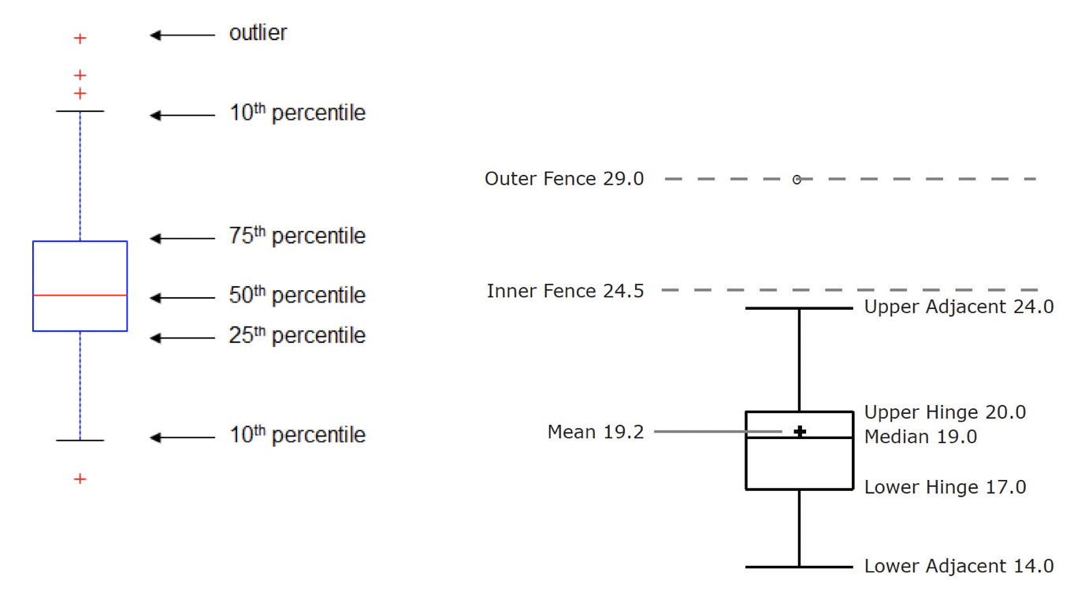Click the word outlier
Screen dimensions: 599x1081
(258, 34)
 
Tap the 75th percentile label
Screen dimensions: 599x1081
(297, 236)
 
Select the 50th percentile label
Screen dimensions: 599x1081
(297, 296)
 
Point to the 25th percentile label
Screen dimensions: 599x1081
(297, 336)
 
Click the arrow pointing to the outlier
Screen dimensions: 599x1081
(182, 35)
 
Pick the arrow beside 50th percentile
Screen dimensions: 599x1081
(182, 298)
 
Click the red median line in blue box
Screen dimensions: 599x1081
(80, 295)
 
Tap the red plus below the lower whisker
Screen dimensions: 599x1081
(80, 478)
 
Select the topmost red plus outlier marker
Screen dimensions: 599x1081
(80, 38)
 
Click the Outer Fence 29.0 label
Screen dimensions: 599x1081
(564, 179)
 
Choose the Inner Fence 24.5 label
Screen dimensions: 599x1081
(565, 292)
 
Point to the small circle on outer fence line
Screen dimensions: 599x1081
(797, 180)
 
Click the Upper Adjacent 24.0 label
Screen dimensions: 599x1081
(958, 307)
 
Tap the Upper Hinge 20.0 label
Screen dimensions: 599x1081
(945, 412)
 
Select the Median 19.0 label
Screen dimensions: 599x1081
(920, 437)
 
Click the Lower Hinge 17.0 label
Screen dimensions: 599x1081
(945, 487)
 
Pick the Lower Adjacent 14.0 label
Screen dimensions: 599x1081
(958, 566)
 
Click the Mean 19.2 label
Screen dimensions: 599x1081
(595, 432)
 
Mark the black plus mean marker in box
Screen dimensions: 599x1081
(800, 432)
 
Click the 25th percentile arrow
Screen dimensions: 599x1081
(182, 338)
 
